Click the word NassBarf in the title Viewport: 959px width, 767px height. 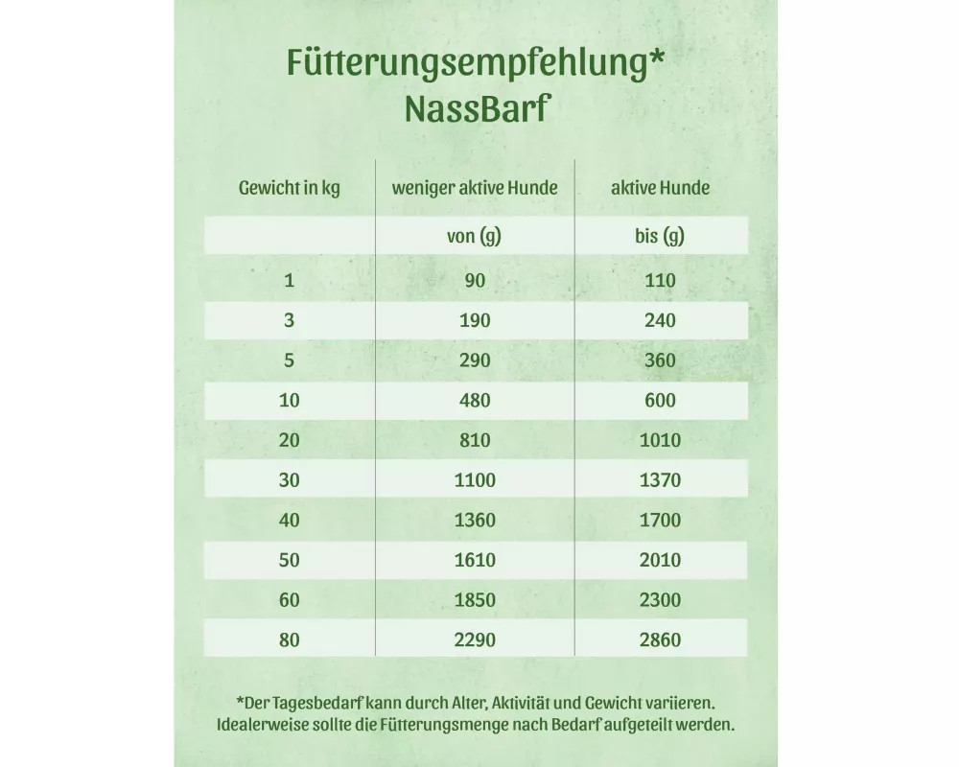click(x=476, y=107)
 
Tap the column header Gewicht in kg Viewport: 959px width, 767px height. click(x=289, y=188)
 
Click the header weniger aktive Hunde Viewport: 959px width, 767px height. click(x=474, y=188)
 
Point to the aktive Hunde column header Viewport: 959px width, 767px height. click(x=660, y=188)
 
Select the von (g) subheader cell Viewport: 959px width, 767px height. click(x=474, y=236)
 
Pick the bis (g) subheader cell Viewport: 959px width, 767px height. click(x=660, y=236)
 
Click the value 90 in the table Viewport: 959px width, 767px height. click(x=475, y=281)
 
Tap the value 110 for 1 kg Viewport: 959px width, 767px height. click(x=660, y=281)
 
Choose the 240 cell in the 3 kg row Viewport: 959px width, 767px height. click(x=660, y=320)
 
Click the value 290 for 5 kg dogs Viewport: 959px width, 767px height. click(x=475, y=360)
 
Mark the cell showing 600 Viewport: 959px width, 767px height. click(x=660, y=401)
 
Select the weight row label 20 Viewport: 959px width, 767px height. click(x=289, y=441)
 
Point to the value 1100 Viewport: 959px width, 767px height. click(x=475, y=480)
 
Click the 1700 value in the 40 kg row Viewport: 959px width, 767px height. click(x=660, y=521)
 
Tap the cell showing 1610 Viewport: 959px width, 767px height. click(x=475, y=560)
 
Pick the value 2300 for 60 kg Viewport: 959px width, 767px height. click(x=660, y=600)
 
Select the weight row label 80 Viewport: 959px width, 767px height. click(x=289, y=639)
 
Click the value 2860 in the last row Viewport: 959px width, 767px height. click(x=660, y=639)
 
